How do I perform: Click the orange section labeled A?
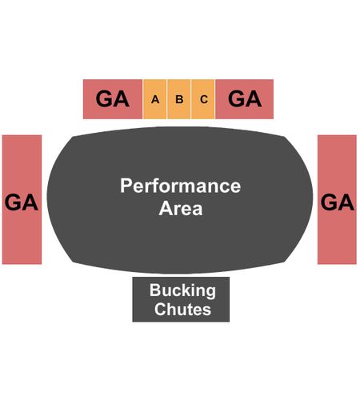pos(155,99)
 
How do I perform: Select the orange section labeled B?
pos(179,99)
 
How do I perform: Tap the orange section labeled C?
pos(203,99)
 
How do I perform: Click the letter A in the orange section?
pos(155,99)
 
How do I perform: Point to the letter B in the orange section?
pos(179,99)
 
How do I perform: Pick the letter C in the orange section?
pos(204,99)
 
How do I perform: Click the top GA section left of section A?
pos(113,99)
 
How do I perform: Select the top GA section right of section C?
pos(245,99)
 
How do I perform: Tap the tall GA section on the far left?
pos(22,199)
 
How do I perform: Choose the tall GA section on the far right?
pos(337,199)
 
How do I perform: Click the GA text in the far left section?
pos(22,202)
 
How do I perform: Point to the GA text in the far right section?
pos(338,202)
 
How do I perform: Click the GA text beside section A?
pos(113,99)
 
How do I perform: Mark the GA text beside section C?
pos(245,98)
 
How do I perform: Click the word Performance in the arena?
pos(181,186)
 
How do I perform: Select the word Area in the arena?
pos(181,208)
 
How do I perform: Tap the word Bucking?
pos(182,291)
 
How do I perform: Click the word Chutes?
pos(182,310)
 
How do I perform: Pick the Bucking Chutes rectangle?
pos(181,299)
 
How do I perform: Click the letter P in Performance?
pos(126,186)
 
